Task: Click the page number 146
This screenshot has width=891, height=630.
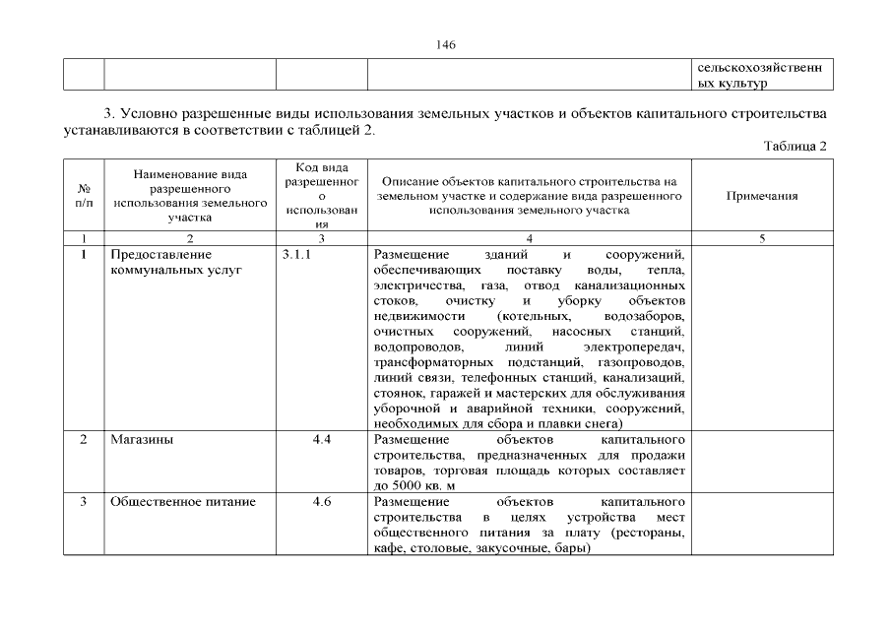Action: (x=445, y=45)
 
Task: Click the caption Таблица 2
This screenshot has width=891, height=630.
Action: (x=795, y=146)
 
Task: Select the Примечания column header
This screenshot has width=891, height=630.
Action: (x=761, y=196)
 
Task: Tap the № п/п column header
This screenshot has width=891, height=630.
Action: (x=84, y=196)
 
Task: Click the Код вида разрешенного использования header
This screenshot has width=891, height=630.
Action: (x=321, y=196)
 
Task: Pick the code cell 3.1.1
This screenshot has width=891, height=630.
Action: (x=296, y=255)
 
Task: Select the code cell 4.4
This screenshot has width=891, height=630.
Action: (x=321, y=440)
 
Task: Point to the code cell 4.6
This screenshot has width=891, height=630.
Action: (x=321, y=502)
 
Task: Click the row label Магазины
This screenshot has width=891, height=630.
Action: (x=142, y=440)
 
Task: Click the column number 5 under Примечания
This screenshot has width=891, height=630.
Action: (x=761, y=238)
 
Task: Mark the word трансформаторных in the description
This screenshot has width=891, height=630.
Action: (x=429, y=363)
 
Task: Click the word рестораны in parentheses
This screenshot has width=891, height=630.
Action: (x=647, y=533)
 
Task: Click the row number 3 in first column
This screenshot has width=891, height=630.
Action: (x=84, y=502)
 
